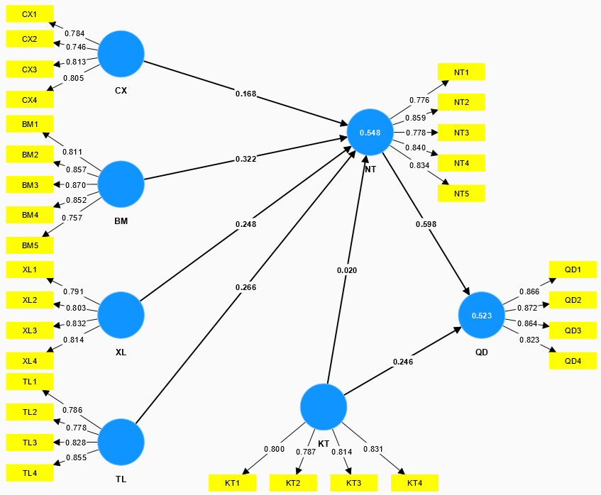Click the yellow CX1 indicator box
point(29,14)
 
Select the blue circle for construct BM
point(121,184)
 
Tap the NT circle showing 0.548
point(370,133)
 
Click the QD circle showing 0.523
point(481,314)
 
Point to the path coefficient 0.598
point(426,224)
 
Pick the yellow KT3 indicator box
point(353,483)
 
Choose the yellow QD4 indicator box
point(573,361)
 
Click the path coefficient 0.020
point(347,270)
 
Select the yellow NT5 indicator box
point(461,194)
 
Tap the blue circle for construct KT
point(323,407)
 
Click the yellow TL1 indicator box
point(29,382)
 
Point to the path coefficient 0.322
point(246,160)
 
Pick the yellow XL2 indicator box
point(29,300)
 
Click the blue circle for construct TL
point(121,442)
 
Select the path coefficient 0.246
point(403,362)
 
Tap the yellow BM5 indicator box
point(29,245)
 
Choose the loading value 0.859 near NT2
point(415,118)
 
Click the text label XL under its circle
point(121,352)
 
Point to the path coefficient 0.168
point(246,93)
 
